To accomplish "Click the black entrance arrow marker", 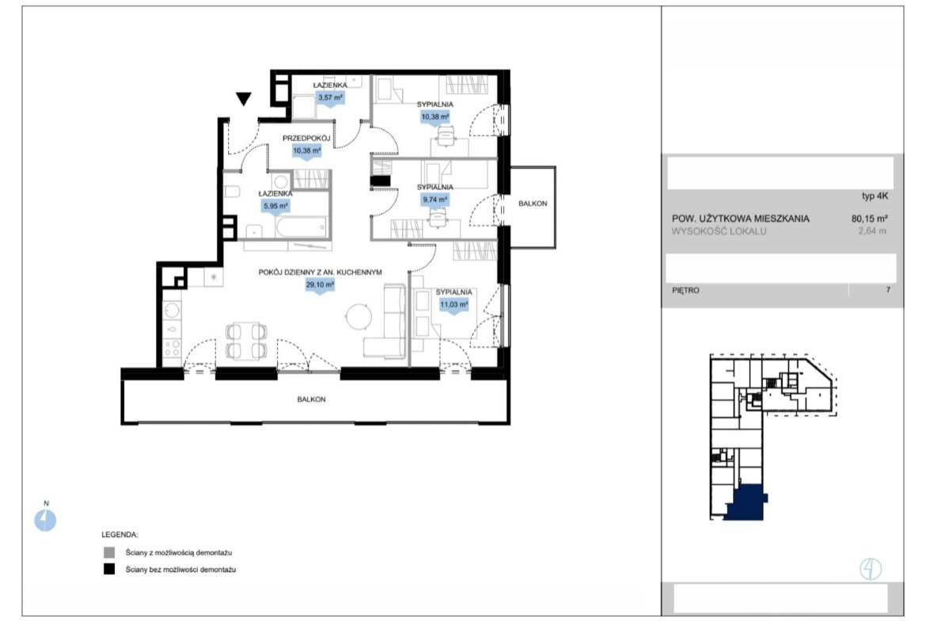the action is [243, 99].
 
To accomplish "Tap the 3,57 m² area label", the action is [330, 97].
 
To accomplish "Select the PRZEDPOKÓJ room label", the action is [306, 139].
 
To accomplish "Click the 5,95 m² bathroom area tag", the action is [275, 206].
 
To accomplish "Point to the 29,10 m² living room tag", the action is [320, 285].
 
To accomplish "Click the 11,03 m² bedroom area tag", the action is [454, 305].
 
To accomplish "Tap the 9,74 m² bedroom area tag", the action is [435, 200].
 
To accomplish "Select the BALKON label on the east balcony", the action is [533, 204].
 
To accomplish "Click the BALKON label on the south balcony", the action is [311, 399].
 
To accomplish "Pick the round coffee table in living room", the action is [359, 316].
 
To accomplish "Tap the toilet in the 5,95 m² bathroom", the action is [231, 191].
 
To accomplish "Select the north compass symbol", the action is [45, 520].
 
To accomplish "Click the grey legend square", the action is [109, 553].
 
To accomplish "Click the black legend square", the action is [109, 570].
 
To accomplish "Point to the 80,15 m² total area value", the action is [869, 219].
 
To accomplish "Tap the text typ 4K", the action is [875, 197].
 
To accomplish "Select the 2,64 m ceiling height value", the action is [872, 231].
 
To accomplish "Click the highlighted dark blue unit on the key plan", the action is [746, 502].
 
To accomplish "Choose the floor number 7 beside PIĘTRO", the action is [887, 290].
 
